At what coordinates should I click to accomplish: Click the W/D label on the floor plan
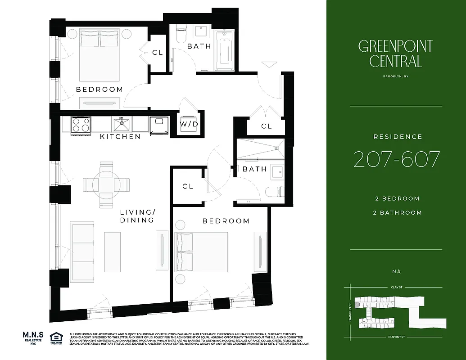189,124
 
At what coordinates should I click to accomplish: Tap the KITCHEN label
120,136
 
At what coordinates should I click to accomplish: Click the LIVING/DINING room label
137,216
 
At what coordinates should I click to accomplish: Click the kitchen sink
122,123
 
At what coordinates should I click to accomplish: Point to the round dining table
106,184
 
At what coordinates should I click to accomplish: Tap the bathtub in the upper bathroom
224,49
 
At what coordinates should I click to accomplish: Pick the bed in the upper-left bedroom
100,54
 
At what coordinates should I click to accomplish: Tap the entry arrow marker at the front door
268,64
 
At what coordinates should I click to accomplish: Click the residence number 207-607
396,159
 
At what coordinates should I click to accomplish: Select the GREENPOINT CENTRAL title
396,53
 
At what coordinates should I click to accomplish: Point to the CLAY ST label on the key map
396,287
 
